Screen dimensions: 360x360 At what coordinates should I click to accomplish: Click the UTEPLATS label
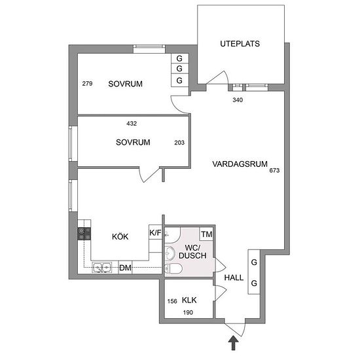pyautogui.click(x=240, y=44)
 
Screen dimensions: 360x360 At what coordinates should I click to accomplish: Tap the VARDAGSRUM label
pyautogui.click(x=240, y=164)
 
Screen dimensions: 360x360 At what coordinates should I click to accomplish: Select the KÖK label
pyautogui.click(x=120, y=236)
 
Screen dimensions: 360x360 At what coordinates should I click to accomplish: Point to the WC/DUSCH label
pyautogui.click(x=192, y=251)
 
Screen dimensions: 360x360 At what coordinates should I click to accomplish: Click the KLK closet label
pyautogui.click(x=189, y=300)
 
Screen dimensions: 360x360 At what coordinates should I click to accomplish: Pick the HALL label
pyautogui.click(x=234, y=278)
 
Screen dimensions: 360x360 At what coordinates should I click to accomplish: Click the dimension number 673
pyautogui.click(x=274, y=170)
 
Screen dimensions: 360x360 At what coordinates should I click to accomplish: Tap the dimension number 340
pyautogui.click(x=238, y=100)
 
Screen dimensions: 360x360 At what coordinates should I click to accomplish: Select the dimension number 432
pyautogui.click(x=132, y=124)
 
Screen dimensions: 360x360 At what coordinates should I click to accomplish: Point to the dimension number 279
pyautogui.click(x=87, y=84)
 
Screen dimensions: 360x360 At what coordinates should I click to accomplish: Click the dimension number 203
pyautogui.click(x=179, y=143)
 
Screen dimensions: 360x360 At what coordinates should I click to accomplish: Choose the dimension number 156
pyautogui.click(x=172, y=301)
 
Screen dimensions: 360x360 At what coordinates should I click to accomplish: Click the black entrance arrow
pyautogui.click(x=234, y=343)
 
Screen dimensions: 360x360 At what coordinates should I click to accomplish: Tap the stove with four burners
pyautogui.click(x=84, y=234)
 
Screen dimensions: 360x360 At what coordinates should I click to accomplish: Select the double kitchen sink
pyautogui.click(x=102, y=268)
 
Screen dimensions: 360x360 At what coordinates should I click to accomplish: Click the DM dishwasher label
pyautogui.click(x=126, y=268)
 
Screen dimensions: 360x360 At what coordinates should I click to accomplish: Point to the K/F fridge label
pyautogui.click(x=155, y=233)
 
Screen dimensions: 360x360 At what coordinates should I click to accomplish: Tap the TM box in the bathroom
pyautogui.click(x=207, y=234)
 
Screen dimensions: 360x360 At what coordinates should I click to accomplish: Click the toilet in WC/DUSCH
pyautogui.click(x=173, y=268)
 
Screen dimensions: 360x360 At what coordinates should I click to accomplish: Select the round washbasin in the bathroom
pyautogui.click(x=170, y=254)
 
